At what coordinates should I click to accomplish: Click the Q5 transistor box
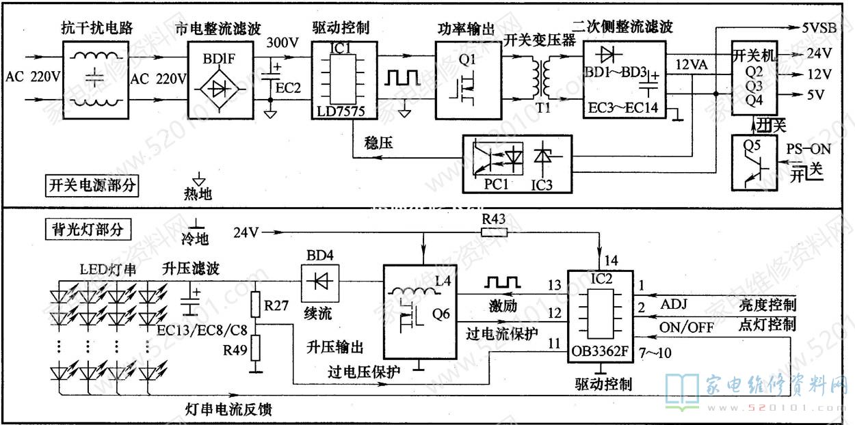tap(756, 163)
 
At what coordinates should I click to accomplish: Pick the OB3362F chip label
tap(600, 353)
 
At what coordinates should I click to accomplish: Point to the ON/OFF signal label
tap(686, 327)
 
